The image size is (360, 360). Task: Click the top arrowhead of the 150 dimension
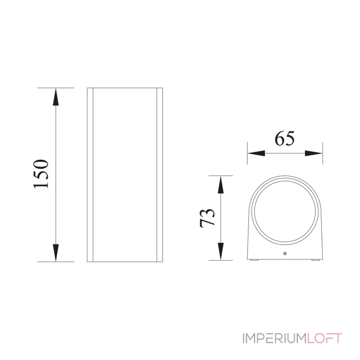55,97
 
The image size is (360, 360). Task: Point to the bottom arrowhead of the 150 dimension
55,252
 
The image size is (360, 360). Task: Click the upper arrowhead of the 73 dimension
220,184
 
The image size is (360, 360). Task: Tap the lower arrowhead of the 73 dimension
220,251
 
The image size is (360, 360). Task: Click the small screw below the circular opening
284,255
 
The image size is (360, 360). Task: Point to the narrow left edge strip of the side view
90,175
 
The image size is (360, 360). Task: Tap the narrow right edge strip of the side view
159,175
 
